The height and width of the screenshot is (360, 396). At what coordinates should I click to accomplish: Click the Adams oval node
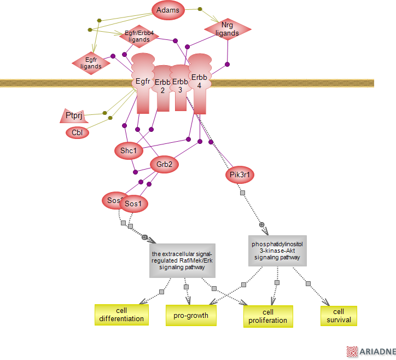168,10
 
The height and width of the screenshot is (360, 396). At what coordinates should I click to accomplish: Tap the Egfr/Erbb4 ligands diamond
139,36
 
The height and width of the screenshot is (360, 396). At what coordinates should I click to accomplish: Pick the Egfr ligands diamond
91,63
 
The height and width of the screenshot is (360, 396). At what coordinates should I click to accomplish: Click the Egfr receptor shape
143,82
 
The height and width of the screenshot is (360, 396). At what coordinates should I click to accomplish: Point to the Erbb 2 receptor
162,86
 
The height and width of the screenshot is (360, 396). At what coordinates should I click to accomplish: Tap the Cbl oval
77,132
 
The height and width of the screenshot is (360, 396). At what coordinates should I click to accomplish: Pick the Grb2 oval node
164,164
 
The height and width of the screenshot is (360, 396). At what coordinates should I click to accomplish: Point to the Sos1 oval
133,204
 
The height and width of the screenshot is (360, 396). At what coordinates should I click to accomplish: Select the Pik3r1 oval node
240,175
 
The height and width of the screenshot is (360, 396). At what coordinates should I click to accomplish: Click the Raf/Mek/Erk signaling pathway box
182,260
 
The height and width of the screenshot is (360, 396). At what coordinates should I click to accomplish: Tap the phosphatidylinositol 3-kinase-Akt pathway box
277,251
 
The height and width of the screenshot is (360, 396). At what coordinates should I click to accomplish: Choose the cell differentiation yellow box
121,315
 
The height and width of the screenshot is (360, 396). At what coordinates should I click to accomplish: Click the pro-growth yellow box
191,315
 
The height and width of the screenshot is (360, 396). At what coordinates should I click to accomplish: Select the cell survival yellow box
339,315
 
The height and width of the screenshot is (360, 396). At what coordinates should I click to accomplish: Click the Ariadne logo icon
352,352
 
